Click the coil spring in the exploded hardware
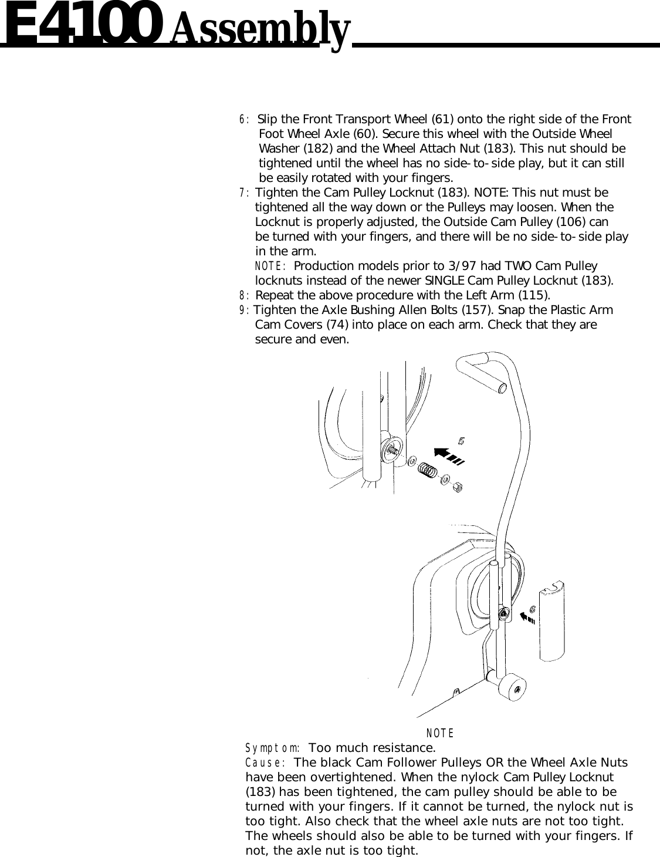pyautogui.click(x=429, y=470)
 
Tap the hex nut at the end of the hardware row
pyautogui.click(x=459, y=487)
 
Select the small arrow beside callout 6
pyautogui.click(x=528, y=617)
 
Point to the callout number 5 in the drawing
pyautogui.click(x=463, y=440)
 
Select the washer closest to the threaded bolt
pyautogui.click(x=412, y=461)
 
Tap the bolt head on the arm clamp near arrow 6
pyautogui.click(x=504, y=613)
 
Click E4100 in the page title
pyautogui.click(x=82, y=25)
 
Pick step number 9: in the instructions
pyautogui.click(x=244, y=311)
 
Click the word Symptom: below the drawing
pyautogui.click(x=273, y=748)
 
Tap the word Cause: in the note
pyautogui.click(x=265, y=763)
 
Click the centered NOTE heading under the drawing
pyautogui.click(x=440, y=733)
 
